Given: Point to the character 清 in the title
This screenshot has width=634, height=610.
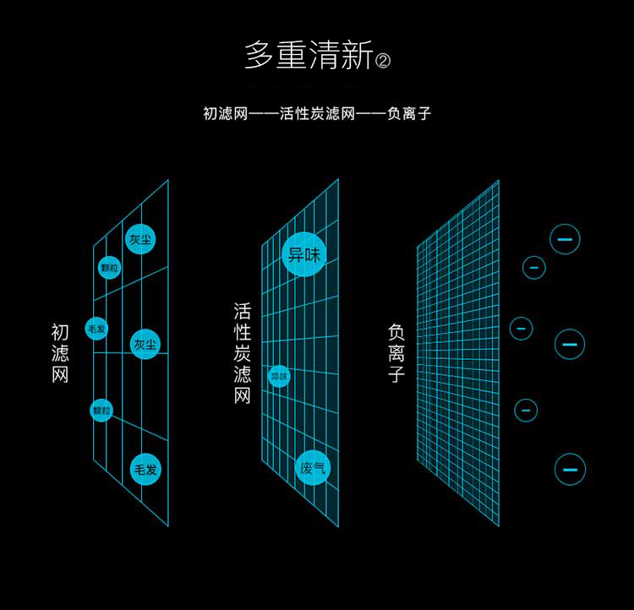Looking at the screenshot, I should pos(324,56).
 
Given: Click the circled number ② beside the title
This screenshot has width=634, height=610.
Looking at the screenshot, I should pos(383,61).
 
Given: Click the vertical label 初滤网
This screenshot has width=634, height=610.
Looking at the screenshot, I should pos(60,354).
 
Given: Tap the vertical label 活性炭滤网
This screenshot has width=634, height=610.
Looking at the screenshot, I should pos(243,353).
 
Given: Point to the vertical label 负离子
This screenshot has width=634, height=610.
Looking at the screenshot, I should pos(396,353).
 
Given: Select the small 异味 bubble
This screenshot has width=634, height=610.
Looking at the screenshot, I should pos(279,376).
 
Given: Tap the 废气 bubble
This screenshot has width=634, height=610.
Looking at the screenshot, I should pos(313,468).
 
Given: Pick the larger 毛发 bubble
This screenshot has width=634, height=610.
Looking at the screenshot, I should pos(145,469).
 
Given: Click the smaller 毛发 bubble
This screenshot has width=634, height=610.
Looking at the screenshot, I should pos(96,328).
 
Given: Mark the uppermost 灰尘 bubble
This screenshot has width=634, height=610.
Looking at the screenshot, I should pos(141,240).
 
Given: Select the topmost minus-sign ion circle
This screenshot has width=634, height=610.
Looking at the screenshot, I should pos(565,239).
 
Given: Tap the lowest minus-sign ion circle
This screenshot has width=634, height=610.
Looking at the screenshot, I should pos(570,469).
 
